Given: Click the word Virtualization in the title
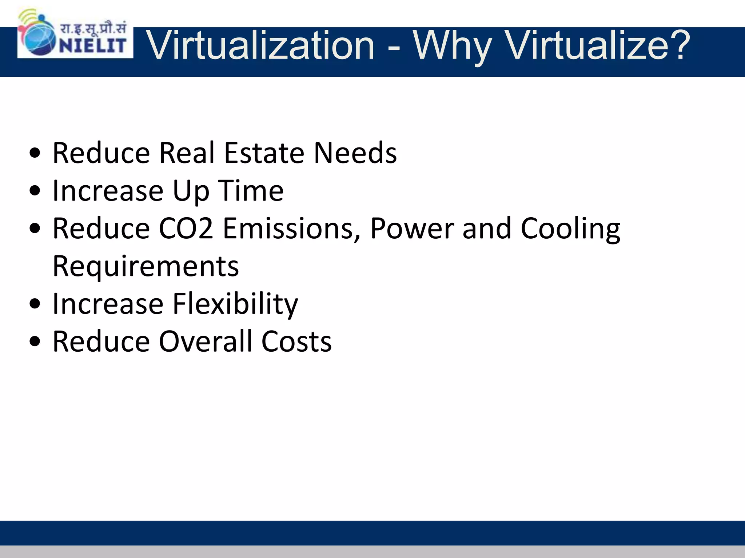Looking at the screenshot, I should coord(261,46).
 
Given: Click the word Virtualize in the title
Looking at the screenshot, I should coord(587,46).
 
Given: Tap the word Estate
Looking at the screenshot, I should coord(264,153).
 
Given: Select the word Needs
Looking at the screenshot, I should coord(355,153).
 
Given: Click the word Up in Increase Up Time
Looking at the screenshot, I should coord(191,191).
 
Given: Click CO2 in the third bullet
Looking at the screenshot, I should coord(186,229).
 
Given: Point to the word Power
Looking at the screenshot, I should coord(412,229).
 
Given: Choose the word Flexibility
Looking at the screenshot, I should coord(235,304).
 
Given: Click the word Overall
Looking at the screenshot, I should coord(206,342).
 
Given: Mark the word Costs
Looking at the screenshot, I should coord(296,342).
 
